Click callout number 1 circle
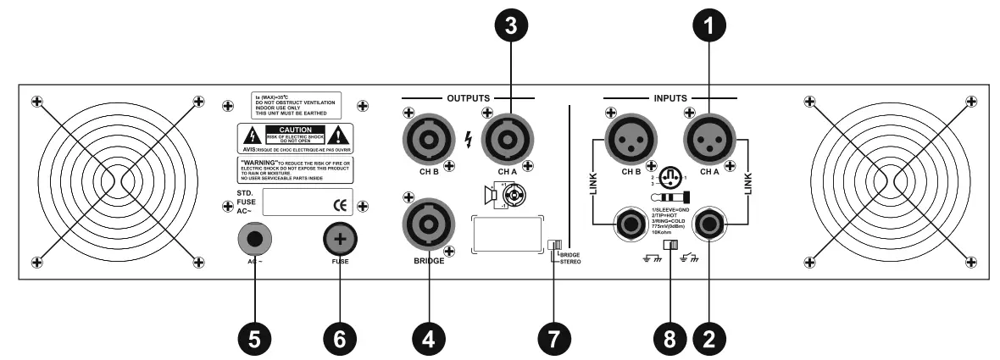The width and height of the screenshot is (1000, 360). pos(708,25)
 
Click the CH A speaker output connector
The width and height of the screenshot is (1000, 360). pos(506,137)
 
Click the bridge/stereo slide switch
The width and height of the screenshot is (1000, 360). pos(556,246)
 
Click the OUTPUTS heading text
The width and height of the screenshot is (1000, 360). pos(468,98)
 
